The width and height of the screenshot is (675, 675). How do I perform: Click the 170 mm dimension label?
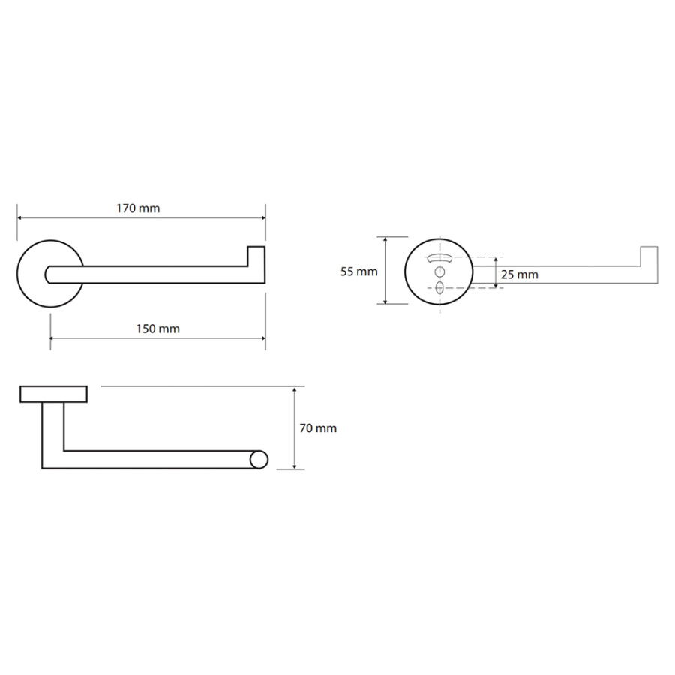(138, 208)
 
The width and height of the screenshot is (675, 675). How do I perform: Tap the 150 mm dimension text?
(158, 329)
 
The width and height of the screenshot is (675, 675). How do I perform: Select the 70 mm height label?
(318, 428)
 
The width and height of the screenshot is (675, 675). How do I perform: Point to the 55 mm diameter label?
(359, 271)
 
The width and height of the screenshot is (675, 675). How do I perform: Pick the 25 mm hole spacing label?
(520, 274)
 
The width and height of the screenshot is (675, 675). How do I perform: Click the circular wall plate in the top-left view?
(19, 274)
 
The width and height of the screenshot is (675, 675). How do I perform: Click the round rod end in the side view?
(259, 460)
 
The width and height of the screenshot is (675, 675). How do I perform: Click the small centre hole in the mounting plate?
(439, 272)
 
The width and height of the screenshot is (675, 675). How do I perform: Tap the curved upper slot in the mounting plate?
(439, 258)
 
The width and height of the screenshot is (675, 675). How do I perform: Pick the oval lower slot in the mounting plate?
(439, 287)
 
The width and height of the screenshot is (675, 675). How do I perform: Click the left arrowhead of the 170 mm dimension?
(19, 217)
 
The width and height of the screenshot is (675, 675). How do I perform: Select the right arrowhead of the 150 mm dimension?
(262, 338)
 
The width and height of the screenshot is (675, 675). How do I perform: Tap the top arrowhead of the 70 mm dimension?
(295, 390)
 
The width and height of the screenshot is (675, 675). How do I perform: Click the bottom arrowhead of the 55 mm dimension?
(385, 301)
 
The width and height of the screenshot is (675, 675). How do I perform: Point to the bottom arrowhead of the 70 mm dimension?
(295, 466)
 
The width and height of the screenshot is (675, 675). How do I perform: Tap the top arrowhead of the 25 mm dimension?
(496, 260)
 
